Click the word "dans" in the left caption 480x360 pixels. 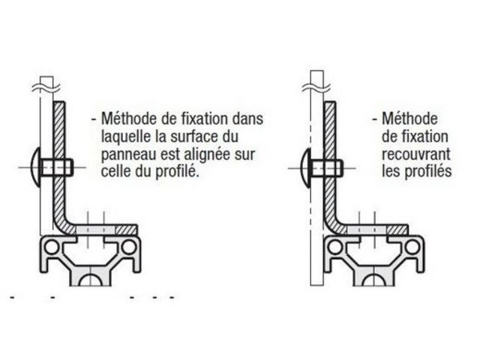click(247, 118)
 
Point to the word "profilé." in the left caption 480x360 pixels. click(178, 172)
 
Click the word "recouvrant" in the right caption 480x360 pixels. click(416, 154)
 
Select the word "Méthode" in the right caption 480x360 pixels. click(410, 118)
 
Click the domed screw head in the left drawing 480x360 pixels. click(36, 167)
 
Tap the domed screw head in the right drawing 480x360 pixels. click(306, 168)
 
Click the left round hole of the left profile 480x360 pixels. click(52, 247)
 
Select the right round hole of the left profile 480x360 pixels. click(129, 247)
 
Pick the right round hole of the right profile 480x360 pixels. click(412, 247)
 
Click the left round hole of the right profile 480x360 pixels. click(334, 247)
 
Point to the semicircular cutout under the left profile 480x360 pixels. click(91, 280)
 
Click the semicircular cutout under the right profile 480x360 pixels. click(373, 280)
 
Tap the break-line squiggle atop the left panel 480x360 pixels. click(46, 88)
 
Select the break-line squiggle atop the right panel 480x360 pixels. click(316, 88)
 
